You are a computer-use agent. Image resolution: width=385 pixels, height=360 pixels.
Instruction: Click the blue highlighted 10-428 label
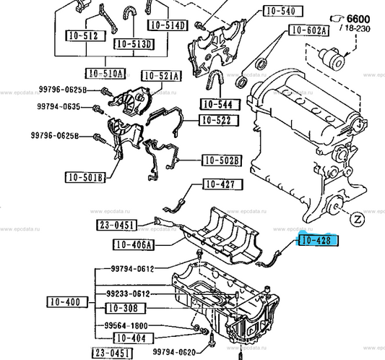point(318,240)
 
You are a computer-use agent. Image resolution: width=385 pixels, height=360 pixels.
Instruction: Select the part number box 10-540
point(283,11)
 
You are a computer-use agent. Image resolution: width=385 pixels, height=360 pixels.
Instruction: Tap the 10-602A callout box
point(309,30)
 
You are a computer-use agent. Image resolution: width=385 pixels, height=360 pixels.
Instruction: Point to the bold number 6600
point(358,19)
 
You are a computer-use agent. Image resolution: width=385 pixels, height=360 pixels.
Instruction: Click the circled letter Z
point(357,219)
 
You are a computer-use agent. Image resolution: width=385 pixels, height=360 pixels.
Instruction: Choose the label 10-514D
point(168,25)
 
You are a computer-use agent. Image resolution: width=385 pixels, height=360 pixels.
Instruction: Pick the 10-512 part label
point(86,36)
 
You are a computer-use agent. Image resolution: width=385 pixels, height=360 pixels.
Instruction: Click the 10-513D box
point(134,44)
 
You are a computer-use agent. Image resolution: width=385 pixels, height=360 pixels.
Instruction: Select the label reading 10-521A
point(161,76)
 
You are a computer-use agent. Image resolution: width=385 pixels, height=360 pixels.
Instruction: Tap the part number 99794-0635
point(59,106)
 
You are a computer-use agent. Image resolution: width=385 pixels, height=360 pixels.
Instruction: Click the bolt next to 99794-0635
point(98,109)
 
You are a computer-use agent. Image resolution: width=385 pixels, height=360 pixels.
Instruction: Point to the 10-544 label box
point(220,104)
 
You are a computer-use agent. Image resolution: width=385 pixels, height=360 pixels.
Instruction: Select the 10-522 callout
point(219,121)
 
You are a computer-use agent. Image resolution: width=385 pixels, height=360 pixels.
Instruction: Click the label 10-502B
point(222,160)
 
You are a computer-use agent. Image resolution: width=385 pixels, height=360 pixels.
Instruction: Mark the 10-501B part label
point(85,177)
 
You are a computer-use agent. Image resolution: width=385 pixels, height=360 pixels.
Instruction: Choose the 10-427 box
point(223,184)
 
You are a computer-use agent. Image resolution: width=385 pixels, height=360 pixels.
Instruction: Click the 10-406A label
point(134,244)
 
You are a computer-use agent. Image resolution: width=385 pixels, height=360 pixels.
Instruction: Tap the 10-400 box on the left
point(67,302)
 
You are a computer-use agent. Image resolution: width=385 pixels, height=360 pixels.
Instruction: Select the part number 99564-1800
point(126,326)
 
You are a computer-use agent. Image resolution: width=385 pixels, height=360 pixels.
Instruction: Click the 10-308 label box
point(126,308)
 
